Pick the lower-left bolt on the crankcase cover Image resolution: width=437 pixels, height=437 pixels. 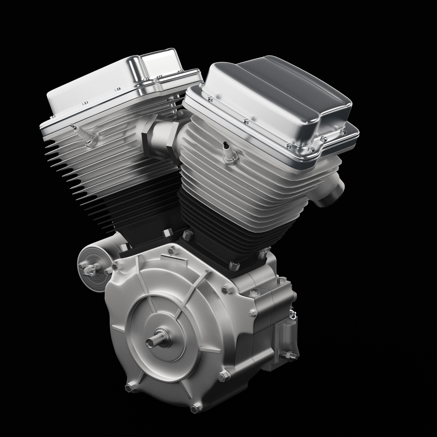129,387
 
